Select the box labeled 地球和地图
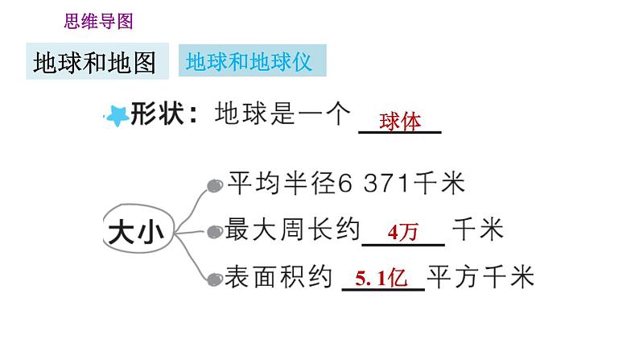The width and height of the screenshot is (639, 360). pyautogui.click(x=95, y=62)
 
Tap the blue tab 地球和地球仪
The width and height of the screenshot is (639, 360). pyautogui.click(x=249, y=61)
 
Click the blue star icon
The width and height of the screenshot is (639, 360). pyautogui.click(x=117, y=117)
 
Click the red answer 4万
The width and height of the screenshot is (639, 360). pyautogui.click(x=402, y=234)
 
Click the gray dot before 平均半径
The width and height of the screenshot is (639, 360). pyautogui.click(x=214, y=186)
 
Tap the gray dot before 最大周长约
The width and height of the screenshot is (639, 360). pyautogui.click(x=214, y=232)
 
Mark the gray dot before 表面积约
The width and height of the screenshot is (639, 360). pyautogui.click(x=214, y=279)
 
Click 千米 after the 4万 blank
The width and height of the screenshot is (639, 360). pyautogui.click(x=478, y=230)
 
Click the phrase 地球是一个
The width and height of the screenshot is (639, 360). pyautogui.click(x=283, y=115)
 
